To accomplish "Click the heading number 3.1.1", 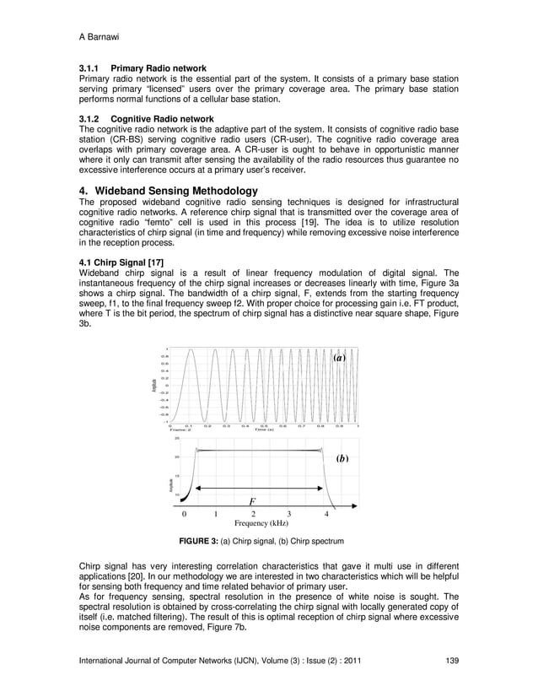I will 90,68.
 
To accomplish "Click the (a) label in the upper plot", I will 339,358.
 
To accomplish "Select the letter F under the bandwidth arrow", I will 251,500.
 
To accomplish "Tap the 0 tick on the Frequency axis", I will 183,513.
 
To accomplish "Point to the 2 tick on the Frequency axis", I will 254,513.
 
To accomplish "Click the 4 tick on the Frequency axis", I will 326,513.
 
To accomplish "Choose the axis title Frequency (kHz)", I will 256,523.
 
